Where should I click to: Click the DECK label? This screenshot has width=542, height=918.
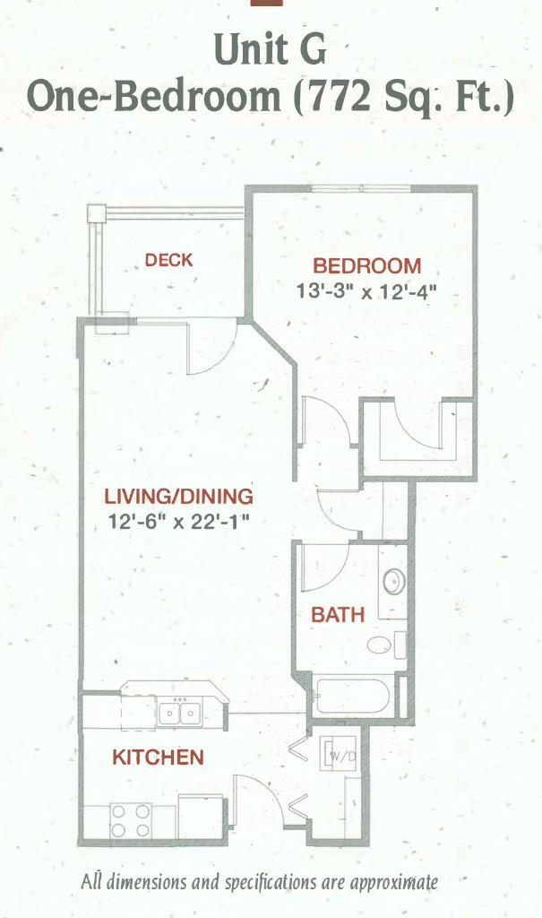pyautogui.click(x=168, y=259)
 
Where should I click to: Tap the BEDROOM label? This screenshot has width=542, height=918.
pyautogui.click(x=367, y=265)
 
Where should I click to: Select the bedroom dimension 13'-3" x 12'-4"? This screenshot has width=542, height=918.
pyautogui.click(x=367, y=291)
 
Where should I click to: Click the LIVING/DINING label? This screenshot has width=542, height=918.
pyautogui.click(x=178, y=497)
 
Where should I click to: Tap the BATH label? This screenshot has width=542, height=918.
pyautogui.click(x=338, y=615)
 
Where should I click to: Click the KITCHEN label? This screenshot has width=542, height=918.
pyautogui.click(x=158, y=757)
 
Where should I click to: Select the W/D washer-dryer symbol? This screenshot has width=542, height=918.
pyautogui.click(x=340, y=754)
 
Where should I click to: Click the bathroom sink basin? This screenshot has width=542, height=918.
pyautogui.click(x=394, y=582)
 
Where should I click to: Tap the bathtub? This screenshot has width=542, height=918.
pyautogui.click(x=354, y=696)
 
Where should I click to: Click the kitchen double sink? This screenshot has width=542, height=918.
pyautogui.click(x=180, y=713)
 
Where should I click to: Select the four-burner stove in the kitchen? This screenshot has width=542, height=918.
pyautogui.click(x=131, y=821)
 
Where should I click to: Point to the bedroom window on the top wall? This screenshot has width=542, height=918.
pyautogui.click(x=360, y=188)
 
